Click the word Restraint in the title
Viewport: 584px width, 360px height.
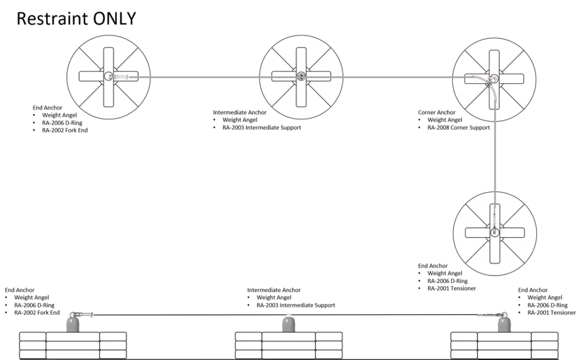(52, 18)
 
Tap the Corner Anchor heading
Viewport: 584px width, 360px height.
(436, 112)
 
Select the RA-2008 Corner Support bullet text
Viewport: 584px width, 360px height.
(459, 127)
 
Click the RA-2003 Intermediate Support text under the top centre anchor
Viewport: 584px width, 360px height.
(261, 127)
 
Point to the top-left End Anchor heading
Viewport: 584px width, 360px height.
(47, 108)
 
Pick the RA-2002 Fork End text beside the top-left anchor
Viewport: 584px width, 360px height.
(65, 130)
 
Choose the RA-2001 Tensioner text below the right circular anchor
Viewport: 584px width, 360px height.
(452, 288)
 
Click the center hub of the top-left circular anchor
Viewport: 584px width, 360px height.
(108, 76)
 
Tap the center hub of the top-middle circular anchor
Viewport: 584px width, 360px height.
(301, 76)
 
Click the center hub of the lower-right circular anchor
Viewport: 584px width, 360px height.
(494, 232)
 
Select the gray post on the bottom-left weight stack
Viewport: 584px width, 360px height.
(72, 323)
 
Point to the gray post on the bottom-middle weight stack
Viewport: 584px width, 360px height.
(288, 323)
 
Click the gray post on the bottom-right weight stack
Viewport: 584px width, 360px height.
(504, 323)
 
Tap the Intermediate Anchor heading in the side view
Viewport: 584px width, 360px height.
(274, 290)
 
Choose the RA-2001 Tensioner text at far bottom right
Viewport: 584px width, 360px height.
(551, 312)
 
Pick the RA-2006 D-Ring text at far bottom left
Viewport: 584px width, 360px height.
(34, 305)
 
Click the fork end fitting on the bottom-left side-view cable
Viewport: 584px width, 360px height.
(83, 314)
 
